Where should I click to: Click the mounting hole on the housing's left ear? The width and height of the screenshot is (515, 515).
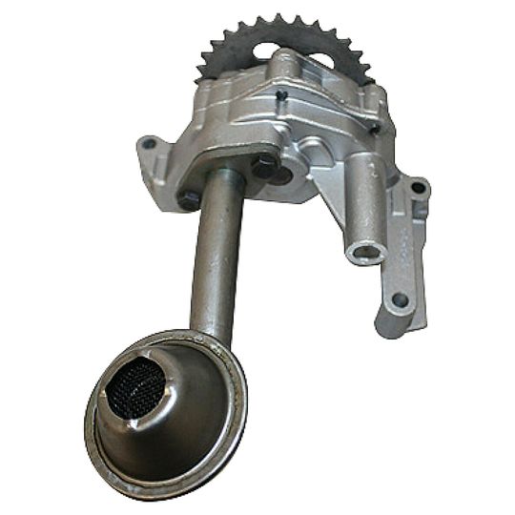click(147, 145)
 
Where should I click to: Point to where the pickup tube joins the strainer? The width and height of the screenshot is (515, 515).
click(211, 329)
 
